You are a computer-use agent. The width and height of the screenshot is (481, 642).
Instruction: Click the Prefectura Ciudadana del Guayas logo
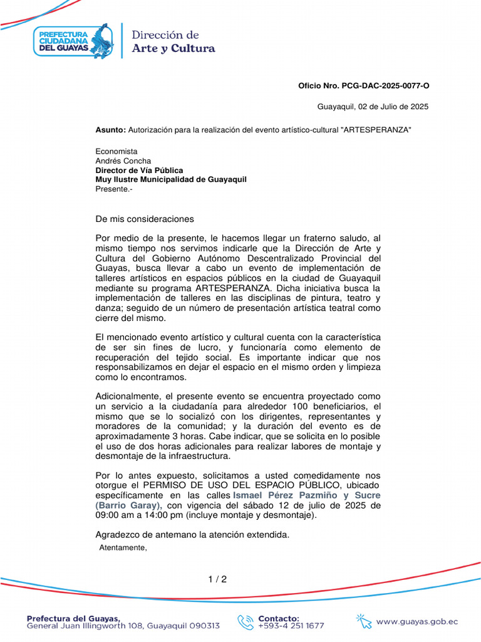(73, 40)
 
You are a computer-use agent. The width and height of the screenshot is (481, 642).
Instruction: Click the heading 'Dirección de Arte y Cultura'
(173, 41)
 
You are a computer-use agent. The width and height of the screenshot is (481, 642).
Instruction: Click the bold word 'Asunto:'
(110, 129)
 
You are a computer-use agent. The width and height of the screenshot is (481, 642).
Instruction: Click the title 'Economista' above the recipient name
(116, 151)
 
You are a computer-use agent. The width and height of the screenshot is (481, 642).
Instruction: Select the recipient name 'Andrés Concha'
(123, 160)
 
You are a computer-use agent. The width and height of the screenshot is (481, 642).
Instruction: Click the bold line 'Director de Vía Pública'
(139, 170)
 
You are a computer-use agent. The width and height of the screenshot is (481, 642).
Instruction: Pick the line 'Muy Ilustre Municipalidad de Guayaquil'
(170, 179)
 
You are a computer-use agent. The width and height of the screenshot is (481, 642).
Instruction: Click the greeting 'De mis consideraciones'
(145, 219)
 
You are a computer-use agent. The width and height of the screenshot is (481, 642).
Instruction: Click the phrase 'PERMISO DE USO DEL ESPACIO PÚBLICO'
(250, 485)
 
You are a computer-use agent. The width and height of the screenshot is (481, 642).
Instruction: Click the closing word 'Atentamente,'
(123, 547)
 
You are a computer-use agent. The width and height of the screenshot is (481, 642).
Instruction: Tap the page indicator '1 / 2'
(217, 579)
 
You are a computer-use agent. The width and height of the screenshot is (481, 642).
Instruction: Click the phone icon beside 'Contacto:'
(245, 621)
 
